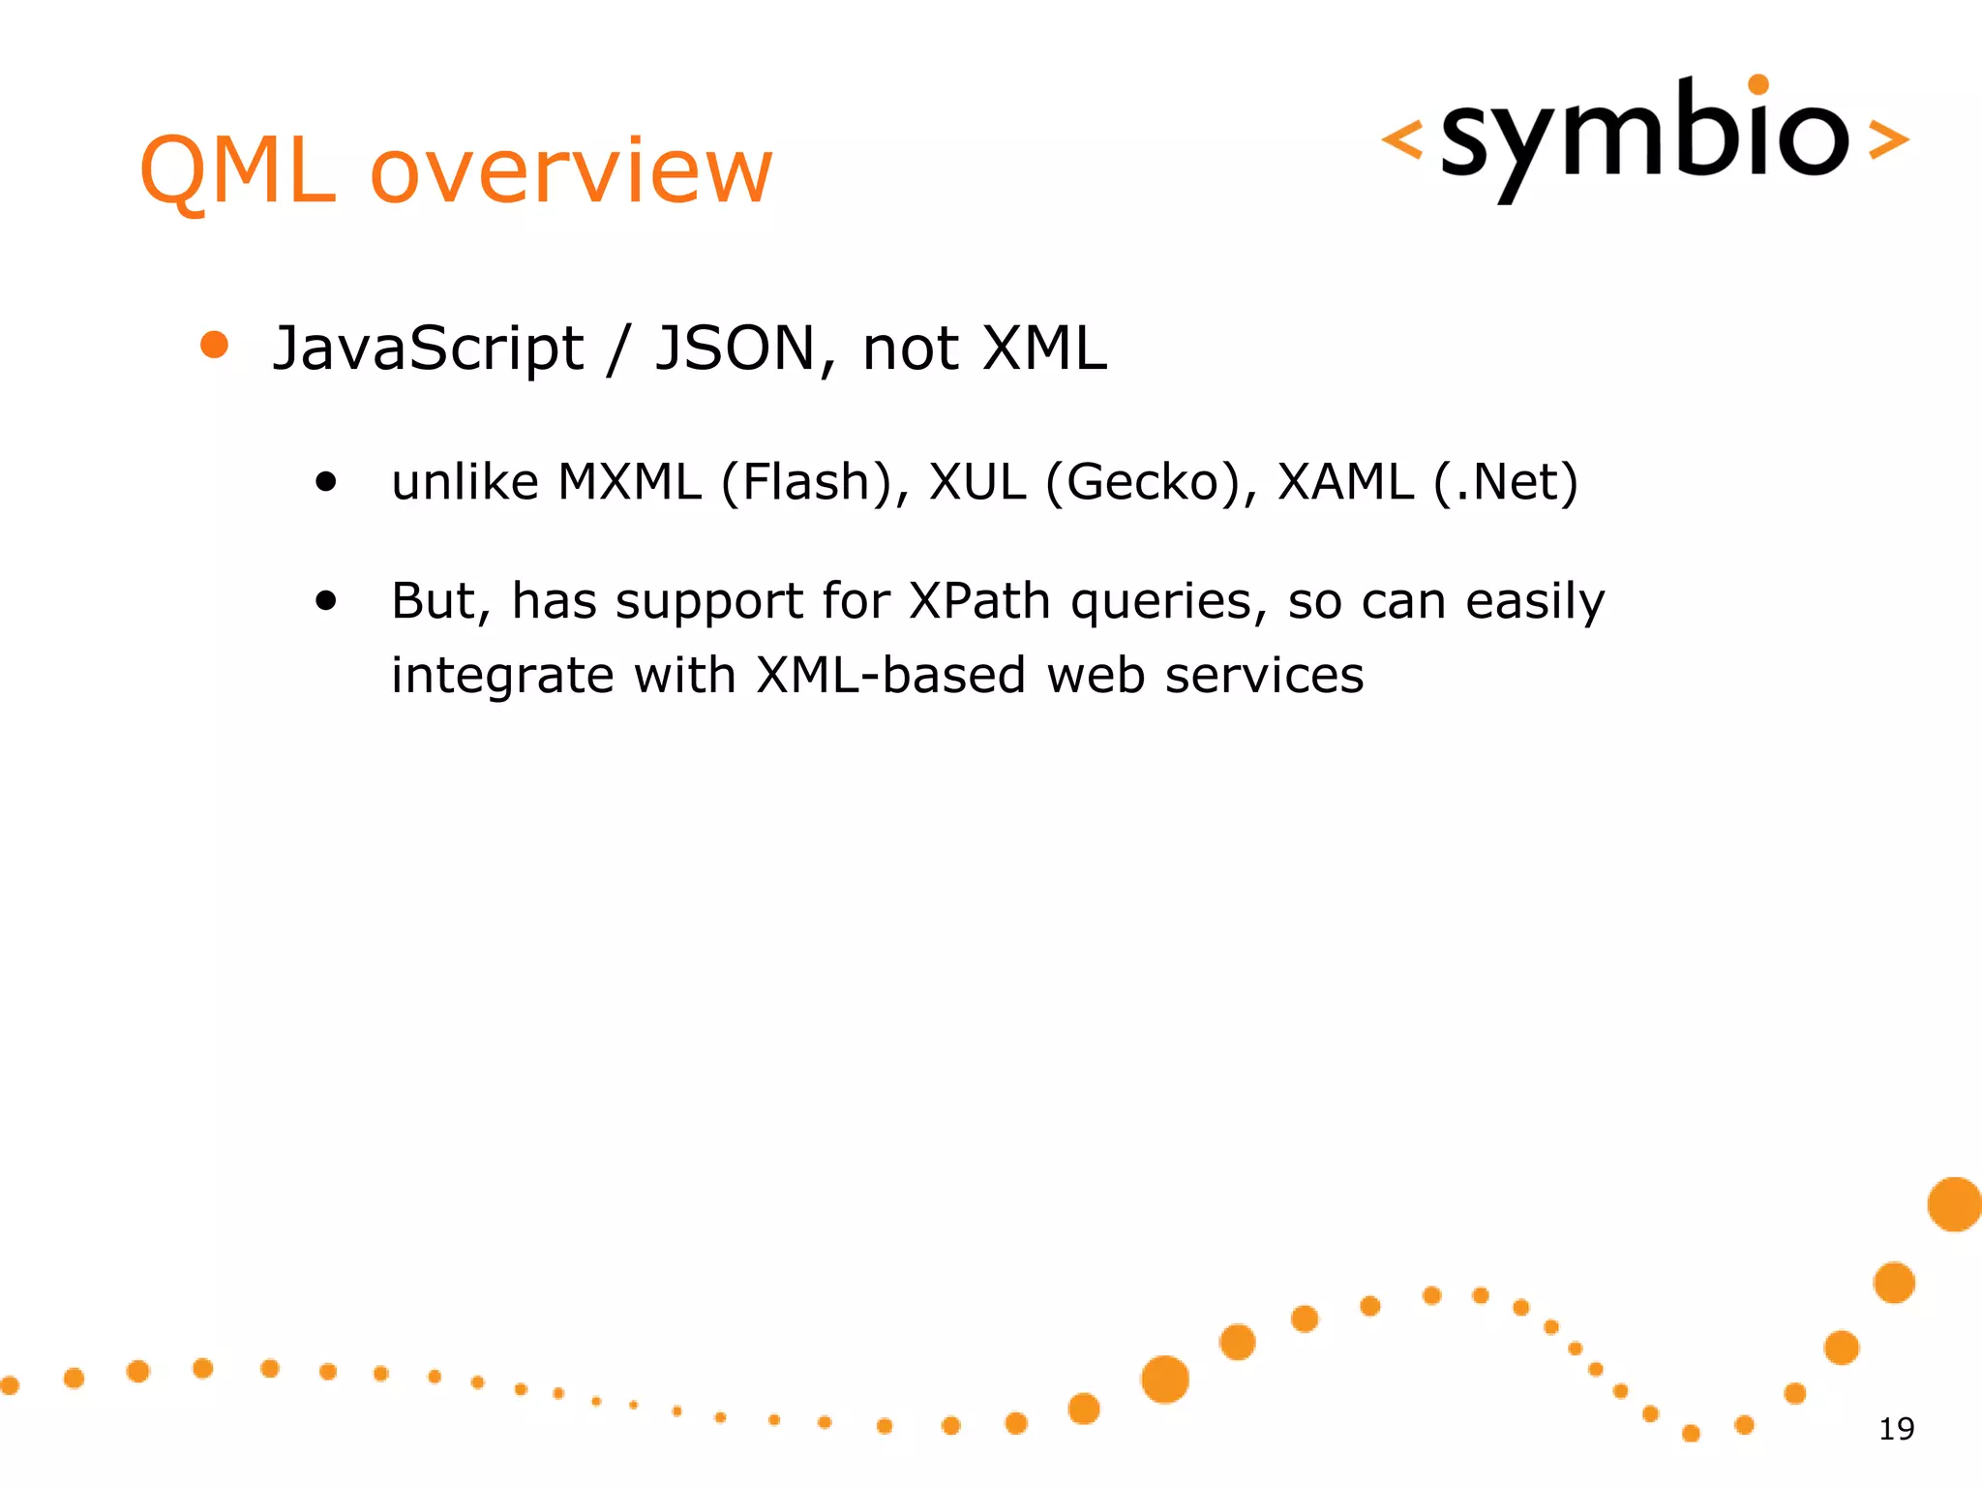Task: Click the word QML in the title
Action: (237, 171)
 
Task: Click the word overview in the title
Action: (571, 171)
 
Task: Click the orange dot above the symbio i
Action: (1759, 85)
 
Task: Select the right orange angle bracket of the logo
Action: (1887, 139)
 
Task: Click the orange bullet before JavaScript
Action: (214, 345)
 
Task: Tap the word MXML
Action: (630, 481)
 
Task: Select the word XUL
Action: (976, 481)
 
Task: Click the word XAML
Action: (1345, 481)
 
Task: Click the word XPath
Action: (979, 601)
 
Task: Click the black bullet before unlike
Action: (326, 481)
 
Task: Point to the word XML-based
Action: (890, 675)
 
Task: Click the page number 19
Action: (1896, 1429)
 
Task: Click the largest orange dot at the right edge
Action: (1954, 1204)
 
